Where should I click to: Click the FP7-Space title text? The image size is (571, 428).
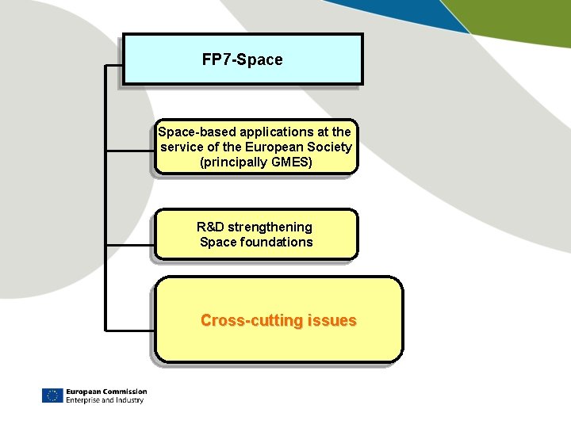tap(242, 59)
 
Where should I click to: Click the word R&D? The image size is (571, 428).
tap(210, 227)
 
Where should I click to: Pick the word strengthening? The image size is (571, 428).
tap(270, 227)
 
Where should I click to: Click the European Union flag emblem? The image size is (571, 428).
tap(52, 396)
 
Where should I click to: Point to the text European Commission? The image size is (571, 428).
tap(106, 392)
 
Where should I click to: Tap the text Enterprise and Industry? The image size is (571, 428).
tap(105, 400)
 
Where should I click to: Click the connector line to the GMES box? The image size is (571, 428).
tap(130, 150)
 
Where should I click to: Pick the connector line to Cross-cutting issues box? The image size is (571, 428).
tap(130, 328)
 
